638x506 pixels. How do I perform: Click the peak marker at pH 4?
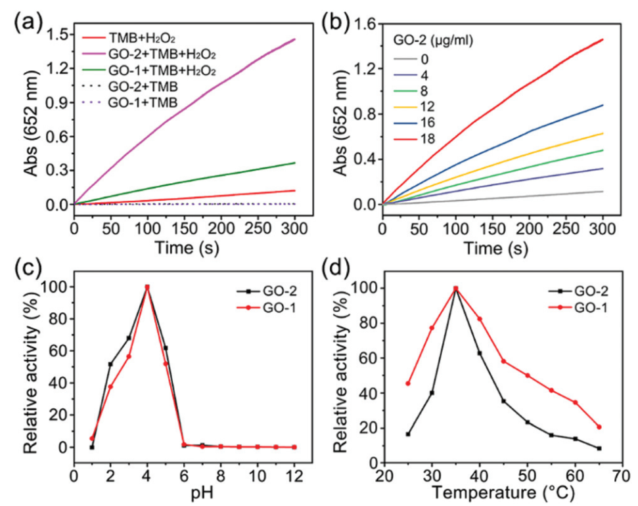[x=147, y=287]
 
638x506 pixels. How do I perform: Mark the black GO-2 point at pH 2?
[x=110, y=364]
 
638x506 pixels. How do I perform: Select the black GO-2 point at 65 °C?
[x=599, y=448]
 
